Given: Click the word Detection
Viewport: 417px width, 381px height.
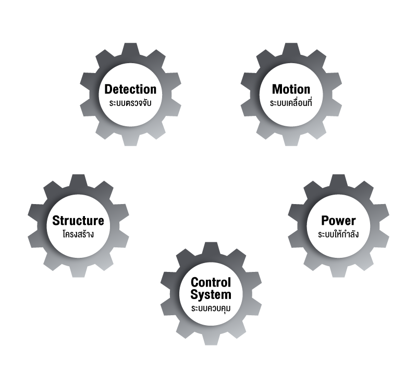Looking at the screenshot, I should [130, 89].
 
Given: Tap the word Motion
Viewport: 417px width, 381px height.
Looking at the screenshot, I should [291, 89].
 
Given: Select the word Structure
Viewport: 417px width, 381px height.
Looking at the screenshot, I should [78, 220].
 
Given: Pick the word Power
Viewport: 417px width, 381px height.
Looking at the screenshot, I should [338, 220].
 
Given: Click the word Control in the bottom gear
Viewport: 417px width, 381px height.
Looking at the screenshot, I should [211, 282].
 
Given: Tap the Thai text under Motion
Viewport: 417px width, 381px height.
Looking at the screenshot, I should [291, 104].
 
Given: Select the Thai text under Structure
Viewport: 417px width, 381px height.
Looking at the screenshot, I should [78, 234].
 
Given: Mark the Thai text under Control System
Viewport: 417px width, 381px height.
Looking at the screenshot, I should [211, 308].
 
